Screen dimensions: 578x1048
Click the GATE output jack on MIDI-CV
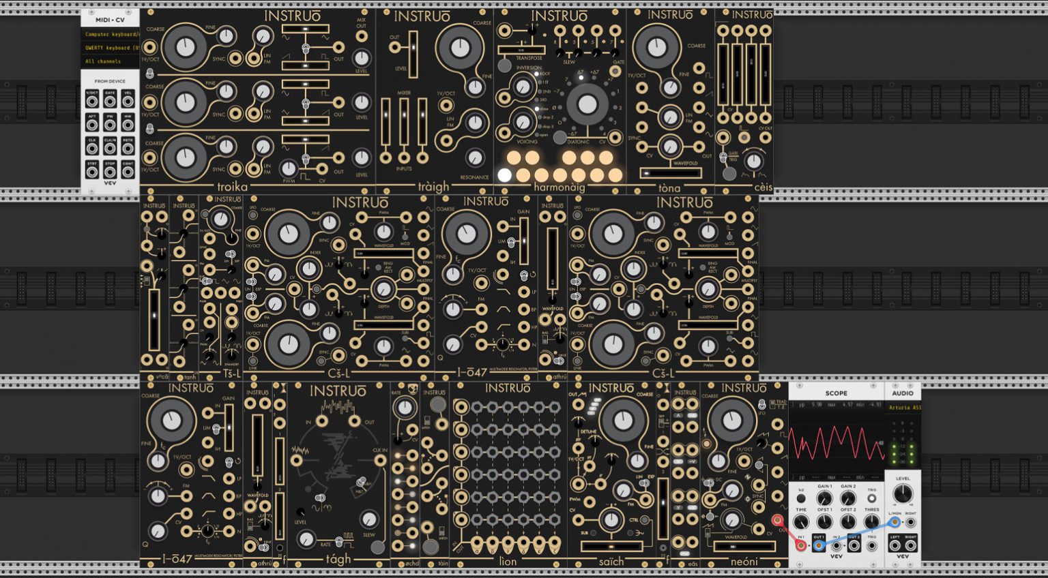pos(110,102)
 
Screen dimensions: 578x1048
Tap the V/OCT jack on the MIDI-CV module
pos(91,102)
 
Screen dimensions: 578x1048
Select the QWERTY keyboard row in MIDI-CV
pos(111,48)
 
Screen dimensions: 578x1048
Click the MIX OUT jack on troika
pos(362,37)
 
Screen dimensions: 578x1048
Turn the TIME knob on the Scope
pos(801,521)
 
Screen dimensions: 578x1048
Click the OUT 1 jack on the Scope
pos(819,545)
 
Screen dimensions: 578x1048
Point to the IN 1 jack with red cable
pos(801,545)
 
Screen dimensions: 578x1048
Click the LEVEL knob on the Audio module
pos(903,494)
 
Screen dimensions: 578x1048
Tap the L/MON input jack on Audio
pos(894,523)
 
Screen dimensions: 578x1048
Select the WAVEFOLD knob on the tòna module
pos(670,147)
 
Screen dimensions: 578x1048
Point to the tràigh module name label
pos(434,187)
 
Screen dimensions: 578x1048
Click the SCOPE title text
pos(836,393)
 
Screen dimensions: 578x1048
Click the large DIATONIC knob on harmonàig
pos(587,104)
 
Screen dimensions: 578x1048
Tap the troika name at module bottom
pos(232,187)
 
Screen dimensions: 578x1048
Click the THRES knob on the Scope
pos(872,521)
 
